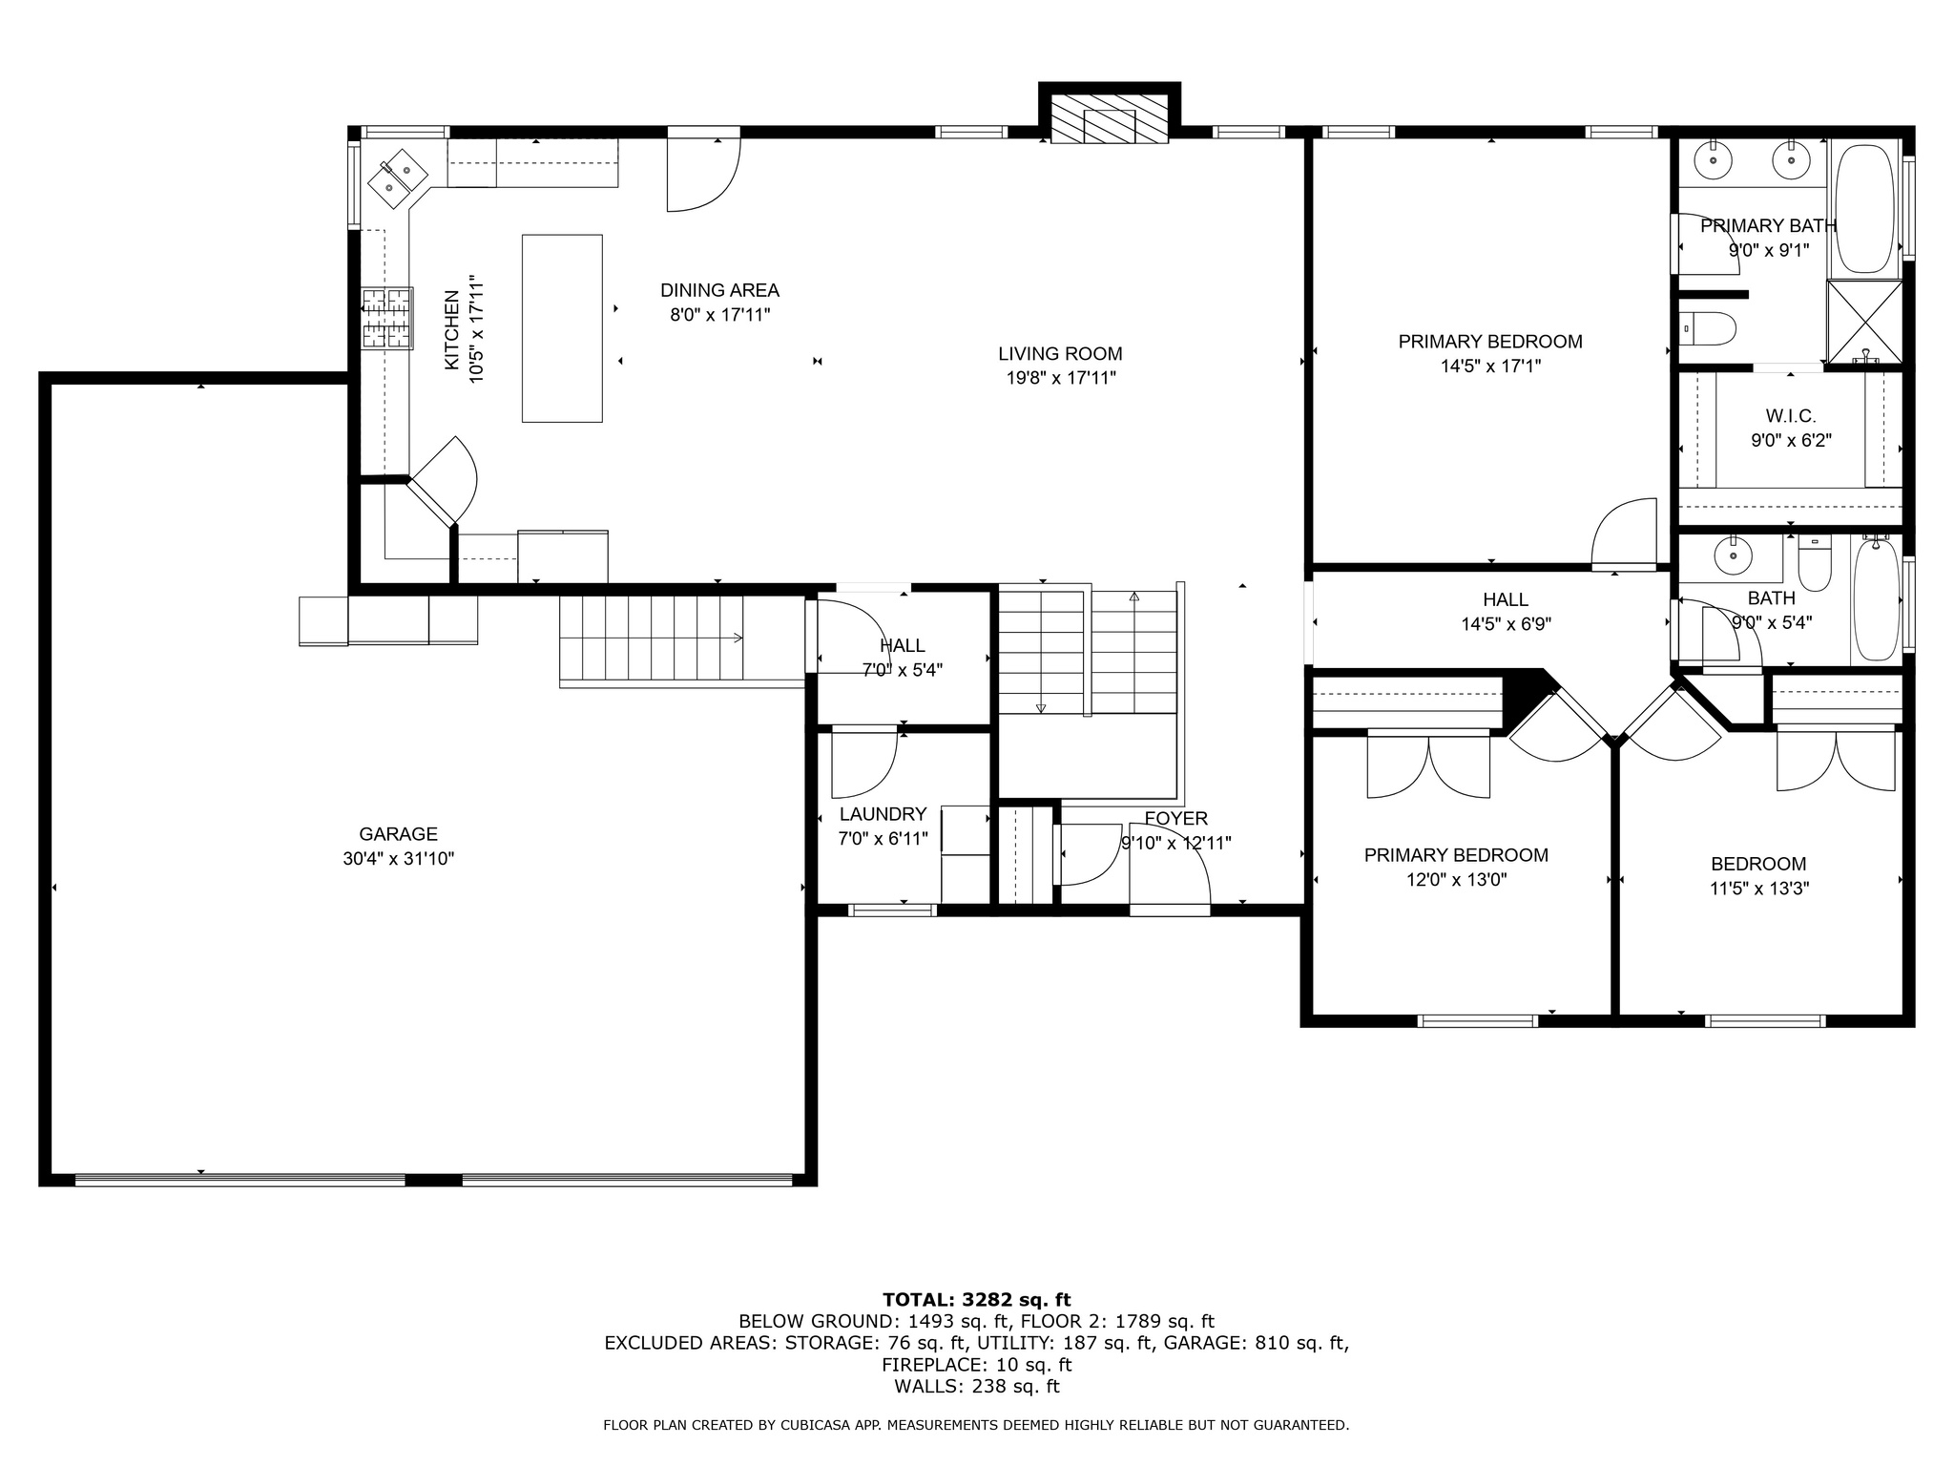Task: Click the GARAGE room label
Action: tap(398, 834)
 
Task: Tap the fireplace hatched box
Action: tap(1109, 119)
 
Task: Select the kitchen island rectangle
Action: tap(562, 327)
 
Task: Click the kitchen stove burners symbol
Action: tap(387, 318)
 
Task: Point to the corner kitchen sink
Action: tap(399, 178)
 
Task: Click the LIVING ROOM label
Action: tap(1060, 354)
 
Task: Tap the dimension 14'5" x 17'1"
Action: tap(1490, 366)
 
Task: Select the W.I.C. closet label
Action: tap(1790, 416)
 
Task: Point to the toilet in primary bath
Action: tap(1708, 329)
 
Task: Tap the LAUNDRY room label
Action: tap(883, 814)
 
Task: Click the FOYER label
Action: tap(1175, 818)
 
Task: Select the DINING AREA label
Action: tap(719, 290)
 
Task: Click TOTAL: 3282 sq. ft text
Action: tap(976, 1299)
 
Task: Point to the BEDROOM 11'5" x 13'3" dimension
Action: tap(1758, 889)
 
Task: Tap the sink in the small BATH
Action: tap(1730, 553)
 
